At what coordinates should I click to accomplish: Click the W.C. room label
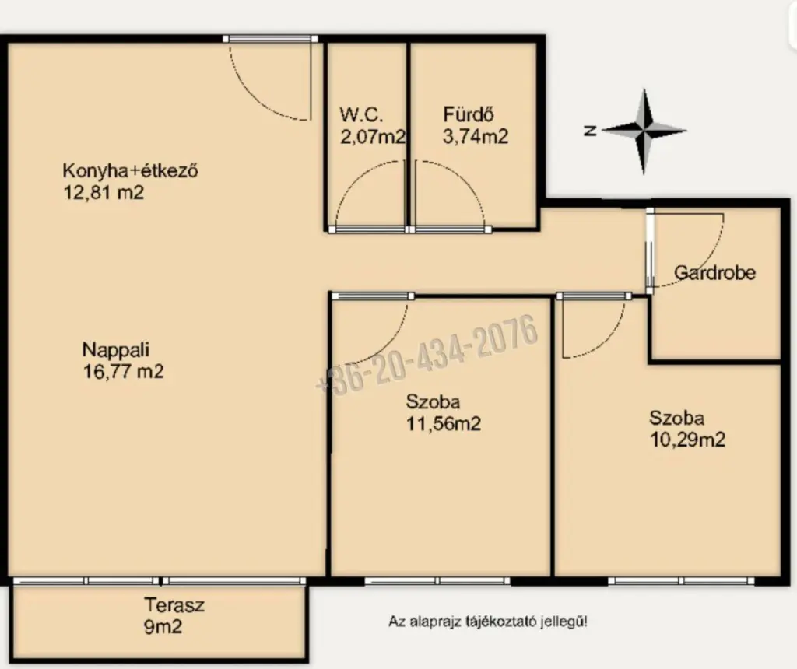click(x=361, y=115)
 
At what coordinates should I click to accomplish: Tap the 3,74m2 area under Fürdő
click(x=476, y=137)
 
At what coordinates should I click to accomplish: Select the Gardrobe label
click(x=714, y=273)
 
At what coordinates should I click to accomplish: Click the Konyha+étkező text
click(x=130, y=170)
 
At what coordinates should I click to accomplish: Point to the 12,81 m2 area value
click(x=104, y=192)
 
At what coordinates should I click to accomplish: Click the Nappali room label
click(x=115, y=349)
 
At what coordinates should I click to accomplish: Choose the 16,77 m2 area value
click(x=123, y=371)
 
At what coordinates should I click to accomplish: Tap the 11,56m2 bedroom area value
click(x=443, y=424)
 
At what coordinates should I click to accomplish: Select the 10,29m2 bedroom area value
click(x=687, y=440)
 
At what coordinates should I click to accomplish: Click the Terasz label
click(x=174, y=605)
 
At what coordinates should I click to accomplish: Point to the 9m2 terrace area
click(x=163, y=627)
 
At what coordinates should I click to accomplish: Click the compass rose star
click(x=644, y=131)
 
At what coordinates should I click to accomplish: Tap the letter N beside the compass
click(x=590, y=131)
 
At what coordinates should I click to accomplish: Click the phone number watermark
click(x=427, y=353)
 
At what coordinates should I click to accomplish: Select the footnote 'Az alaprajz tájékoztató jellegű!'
click(x=488, y=622)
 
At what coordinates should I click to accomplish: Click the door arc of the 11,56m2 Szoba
click(x=389, y=339)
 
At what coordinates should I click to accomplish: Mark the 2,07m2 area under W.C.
click(x=373, y=137)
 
